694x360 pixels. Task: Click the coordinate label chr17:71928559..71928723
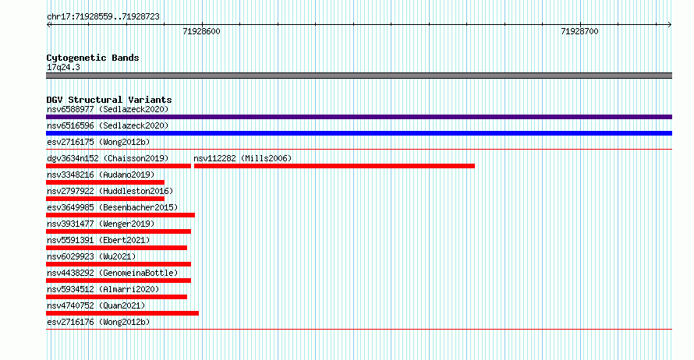(x=103, y=17)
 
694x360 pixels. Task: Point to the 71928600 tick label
(x=201, y=31)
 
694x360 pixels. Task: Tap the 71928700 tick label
(x=579, y=31)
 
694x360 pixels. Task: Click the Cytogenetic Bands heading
(x=93, y=58)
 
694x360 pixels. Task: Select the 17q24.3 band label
(x=63, y=67)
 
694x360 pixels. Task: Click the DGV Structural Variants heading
(x=109, y=100)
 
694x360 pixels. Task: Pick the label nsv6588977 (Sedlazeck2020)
(x=108, y=109)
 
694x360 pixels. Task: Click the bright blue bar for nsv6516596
(x=359, y=133)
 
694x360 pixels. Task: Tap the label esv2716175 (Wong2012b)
(x=98, y=142)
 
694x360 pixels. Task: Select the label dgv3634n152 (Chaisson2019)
(x=108, y=158)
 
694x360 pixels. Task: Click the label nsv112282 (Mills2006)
(x=243, y=158)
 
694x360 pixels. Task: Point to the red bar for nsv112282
(x=335, y=166)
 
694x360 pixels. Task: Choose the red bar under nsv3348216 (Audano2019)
(x=105, y=182)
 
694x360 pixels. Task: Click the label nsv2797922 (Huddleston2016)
(x=110, y=191)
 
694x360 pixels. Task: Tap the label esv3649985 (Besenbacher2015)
(x=112, y=207)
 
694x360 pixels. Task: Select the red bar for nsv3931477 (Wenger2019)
(x=119, y=231)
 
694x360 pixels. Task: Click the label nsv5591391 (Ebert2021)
(x=98, y=240)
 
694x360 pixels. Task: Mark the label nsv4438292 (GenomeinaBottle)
(x=112, y=273)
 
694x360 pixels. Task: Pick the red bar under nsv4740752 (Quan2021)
(x=122, y=313)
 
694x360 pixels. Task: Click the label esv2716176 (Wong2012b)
(x=98, y=322)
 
